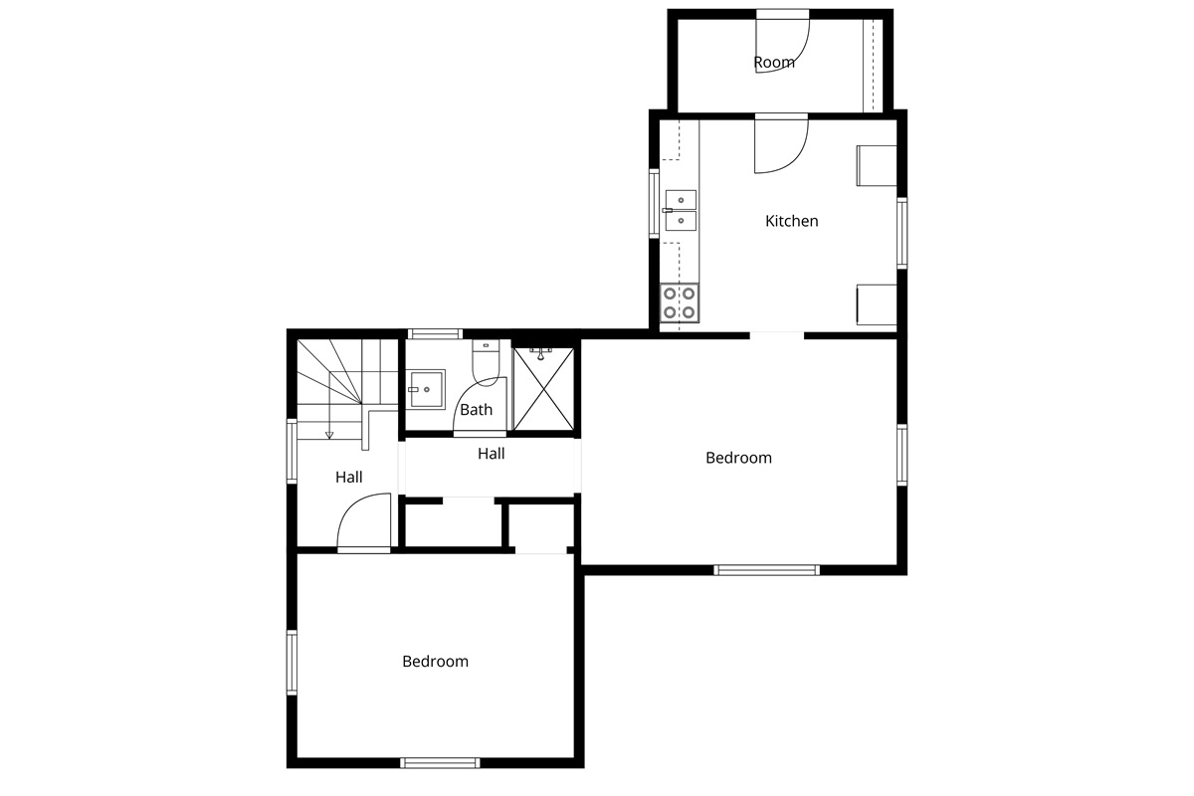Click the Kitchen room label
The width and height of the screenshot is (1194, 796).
tap(792, 221)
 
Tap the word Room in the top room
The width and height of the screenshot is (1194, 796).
tap(774, 63)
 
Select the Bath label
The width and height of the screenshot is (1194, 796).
tap(476, 410)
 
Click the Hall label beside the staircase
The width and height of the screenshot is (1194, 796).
tap(348, 477)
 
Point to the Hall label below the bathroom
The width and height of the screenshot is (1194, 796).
tap(491, 453)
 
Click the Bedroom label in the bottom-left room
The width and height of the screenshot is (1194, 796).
tap(435, 661)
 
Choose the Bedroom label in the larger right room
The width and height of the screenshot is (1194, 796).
tap(738, 458)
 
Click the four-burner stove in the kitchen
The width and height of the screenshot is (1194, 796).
tap(680, 302)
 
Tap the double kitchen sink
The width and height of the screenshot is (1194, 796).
tap(681, 211)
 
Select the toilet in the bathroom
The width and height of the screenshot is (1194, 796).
tap(486, 362)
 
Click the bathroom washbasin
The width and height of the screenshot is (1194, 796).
tap(426, 390)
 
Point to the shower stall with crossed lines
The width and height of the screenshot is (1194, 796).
tap(543, 389)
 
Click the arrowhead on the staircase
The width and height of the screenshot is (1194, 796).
tap(329, 436)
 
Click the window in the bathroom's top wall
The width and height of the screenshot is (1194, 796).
tap(435, 334)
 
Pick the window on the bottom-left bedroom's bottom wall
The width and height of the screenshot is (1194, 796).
tap(440, 763)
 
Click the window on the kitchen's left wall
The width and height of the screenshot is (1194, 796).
tap(654, 203)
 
